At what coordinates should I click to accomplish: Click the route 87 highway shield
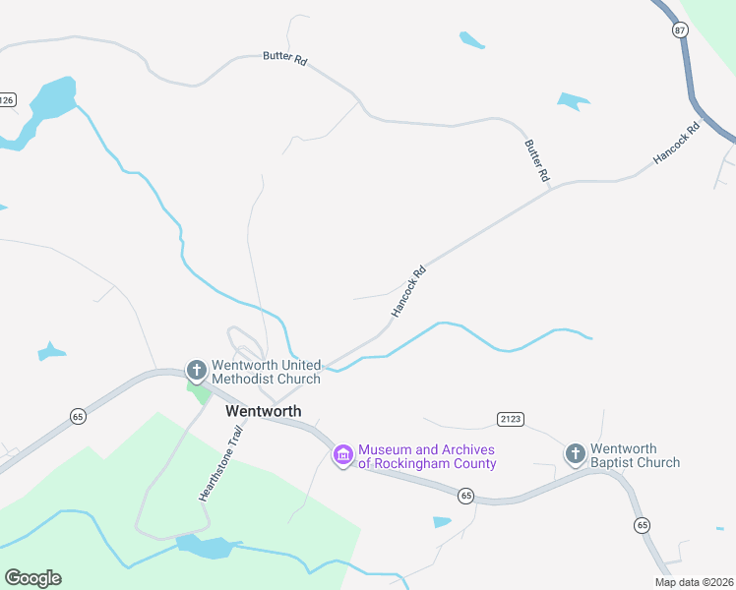[680, 30]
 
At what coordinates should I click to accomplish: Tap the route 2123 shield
[510, 420]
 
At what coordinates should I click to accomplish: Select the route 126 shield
[6, 100]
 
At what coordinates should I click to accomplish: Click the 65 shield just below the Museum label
[466, 496]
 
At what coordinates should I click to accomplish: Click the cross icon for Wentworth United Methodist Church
[196, 371]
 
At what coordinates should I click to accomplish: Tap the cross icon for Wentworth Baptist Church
[576, 454]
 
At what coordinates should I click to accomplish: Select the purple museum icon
[343, 455]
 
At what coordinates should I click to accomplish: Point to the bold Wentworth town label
[264, 411]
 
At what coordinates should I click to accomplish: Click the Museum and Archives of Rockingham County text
[427, 455]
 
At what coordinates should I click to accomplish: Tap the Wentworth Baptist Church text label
[636, 455]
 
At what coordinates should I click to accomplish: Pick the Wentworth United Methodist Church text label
[266, 372]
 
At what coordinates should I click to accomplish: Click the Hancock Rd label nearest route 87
[677, 144]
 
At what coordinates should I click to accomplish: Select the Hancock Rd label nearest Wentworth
[409, 290]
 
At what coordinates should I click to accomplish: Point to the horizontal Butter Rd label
[284, 58]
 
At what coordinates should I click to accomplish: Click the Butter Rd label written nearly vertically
[536, 160]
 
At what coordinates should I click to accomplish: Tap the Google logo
[32, 578]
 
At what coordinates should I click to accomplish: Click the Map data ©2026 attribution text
[694, 582]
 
